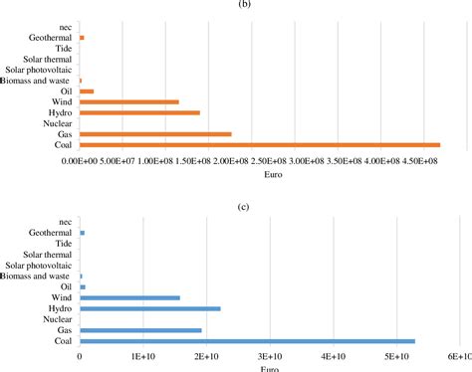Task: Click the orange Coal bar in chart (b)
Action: tap(259, 145)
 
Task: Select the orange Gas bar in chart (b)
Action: tap(155, 134)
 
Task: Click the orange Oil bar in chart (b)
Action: tap(87, 91)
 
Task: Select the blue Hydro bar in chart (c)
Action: tap(149, 308)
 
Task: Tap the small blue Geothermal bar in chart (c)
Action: tap(83, 233)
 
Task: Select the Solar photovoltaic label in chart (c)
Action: tap(38, 265)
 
